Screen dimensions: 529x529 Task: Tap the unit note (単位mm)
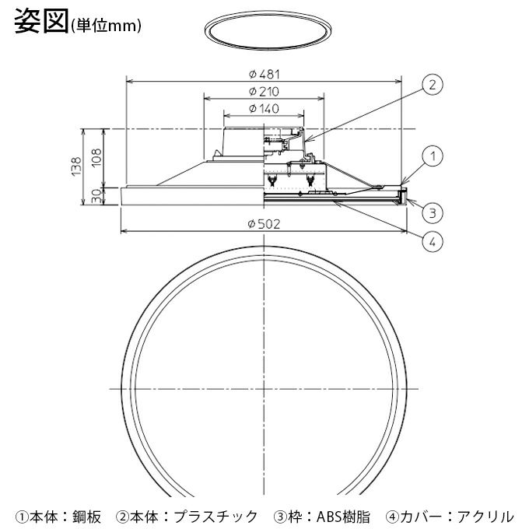[105, 26]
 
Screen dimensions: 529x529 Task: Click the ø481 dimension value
[264, 74]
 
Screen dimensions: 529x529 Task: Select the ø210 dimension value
[264, 92]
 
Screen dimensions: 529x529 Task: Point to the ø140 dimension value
[264, 109]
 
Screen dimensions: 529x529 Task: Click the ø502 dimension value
[264, 224]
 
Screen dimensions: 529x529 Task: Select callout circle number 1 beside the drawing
[433, 156]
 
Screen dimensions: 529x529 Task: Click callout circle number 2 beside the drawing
[433, 84]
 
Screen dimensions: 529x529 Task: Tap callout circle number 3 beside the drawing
[433, 210]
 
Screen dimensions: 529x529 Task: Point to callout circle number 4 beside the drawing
[433, 241]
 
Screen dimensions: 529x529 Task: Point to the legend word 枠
[294, 515]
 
